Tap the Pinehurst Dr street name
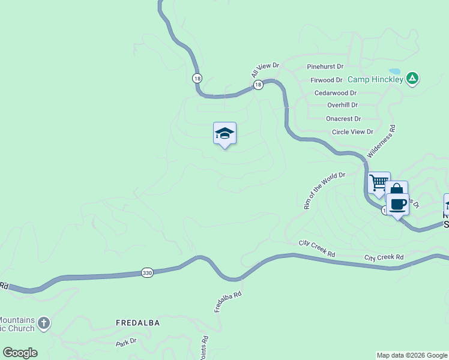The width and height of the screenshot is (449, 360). pyautogui.click(x=325, y=67)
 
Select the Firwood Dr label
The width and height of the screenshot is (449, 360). pyautogui.click(x=326, y=80)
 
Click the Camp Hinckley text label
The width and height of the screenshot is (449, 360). pyautogui.click(x=376, y=79)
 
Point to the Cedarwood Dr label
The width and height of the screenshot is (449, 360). pyautogui.click(x=336, y=93)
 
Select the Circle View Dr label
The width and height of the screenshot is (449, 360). pyautogui.click(x=352, y=132)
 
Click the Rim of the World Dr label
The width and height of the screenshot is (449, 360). pyautogui.click(x=325, y=191)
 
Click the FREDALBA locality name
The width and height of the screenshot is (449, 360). pyautogui.click(x=137, y=323)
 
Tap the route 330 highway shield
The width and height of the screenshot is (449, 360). pyautogui.click(x=147, y=272)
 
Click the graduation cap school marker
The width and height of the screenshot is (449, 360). pyautogui.click(x=224, y=133)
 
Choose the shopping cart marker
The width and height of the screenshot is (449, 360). pyautogui.click(x=379, y=182)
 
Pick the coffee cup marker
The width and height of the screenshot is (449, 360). pyautogui.click(x=397, y=204)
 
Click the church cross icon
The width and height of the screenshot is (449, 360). pyautogui.click(x=43, y=323)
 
